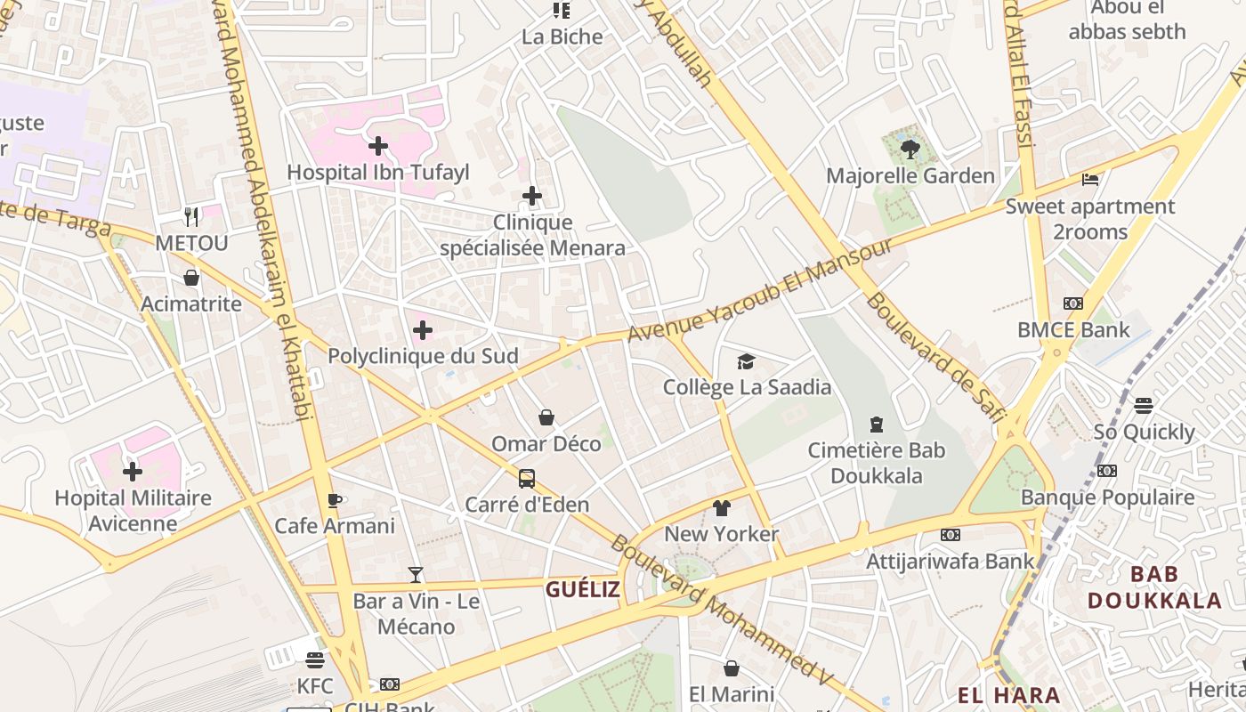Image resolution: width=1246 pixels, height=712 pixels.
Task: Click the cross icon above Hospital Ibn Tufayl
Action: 378,145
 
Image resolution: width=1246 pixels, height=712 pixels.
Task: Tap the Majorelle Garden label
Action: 910,175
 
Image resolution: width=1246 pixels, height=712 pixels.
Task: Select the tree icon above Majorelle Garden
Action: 910,149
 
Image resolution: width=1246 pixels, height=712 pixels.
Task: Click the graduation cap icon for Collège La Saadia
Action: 746,361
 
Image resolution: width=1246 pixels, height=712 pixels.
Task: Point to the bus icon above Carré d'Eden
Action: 527,479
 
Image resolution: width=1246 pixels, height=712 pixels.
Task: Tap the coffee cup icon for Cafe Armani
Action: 335,500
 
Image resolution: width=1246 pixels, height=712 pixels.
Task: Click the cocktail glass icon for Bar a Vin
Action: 416,575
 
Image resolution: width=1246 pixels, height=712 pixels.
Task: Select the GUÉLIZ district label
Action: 583,588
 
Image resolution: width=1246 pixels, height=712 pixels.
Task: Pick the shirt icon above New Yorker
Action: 722,508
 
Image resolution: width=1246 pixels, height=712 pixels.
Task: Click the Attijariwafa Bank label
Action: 951,561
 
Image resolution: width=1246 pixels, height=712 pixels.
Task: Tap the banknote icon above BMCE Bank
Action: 1073,303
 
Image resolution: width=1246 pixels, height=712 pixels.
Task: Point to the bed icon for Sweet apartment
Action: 1090,180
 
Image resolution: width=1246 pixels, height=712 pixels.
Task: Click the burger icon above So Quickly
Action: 1144,406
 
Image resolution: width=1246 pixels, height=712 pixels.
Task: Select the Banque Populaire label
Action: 1107,497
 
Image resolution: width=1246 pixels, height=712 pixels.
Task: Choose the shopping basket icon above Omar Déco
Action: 546,417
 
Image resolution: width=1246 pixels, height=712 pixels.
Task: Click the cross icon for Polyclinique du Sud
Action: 423,331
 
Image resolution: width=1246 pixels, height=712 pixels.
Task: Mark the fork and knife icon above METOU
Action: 191,216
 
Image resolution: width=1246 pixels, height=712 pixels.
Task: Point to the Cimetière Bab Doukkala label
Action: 877,463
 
